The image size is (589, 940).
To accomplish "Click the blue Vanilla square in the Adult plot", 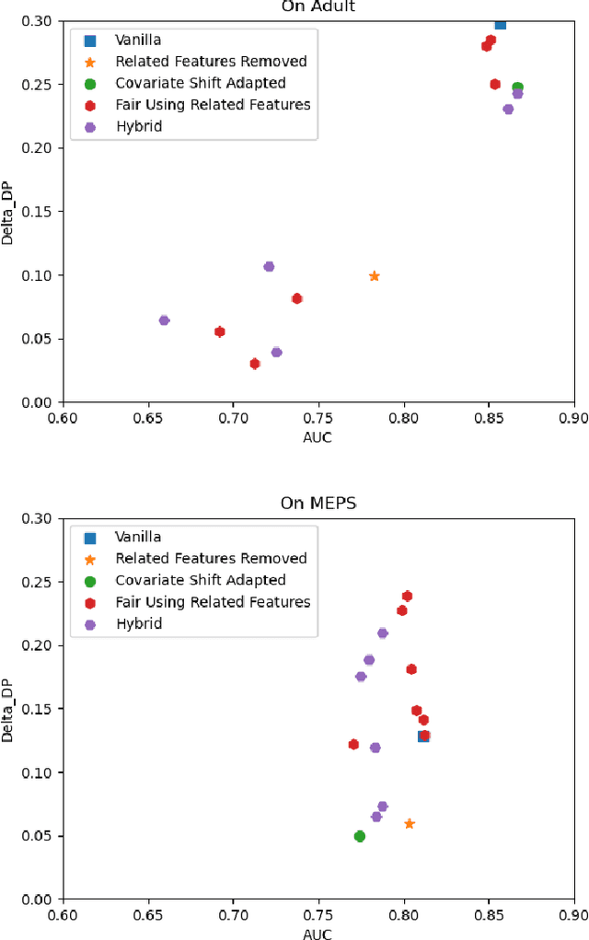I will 500,24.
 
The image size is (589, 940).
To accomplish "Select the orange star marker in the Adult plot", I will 375,276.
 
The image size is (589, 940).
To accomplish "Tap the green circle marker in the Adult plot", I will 518,87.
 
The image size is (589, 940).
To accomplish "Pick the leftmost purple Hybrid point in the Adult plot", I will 164,320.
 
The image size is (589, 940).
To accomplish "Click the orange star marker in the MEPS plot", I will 410,824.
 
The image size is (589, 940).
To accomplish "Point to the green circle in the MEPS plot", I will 360,836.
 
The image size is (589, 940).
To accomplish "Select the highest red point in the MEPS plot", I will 407,596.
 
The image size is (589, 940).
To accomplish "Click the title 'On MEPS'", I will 318,504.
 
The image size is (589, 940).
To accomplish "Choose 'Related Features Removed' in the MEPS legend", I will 211,558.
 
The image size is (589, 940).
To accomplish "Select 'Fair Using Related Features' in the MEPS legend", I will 213,602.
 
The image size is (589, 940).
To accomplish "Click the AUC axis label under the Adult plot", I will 318,437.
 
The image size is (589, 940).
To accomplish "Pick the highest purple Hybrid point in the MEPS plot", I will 383,632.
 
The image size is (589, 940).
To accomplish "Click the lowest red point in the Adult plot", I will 255,364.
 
